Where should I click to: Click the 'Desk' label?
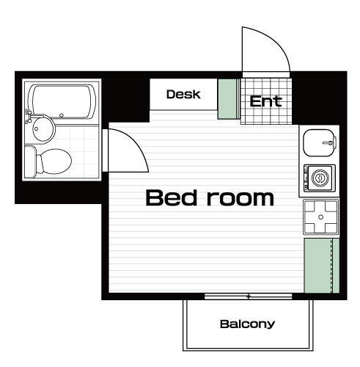[183, 94]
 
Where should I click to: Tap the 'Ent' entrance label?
[265, 101]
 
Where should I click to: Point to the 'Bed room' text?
[210, 197]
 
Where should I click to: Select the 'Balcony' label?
[247, 324]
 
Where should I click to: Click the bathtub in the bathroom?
[62, 101]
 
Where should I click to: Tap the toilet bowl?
[54, 161]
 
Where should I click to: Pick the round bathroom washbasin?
[43, 128]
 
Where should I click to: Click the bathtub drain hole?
[62, 115]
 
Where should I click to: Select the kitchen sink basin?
[319, 142]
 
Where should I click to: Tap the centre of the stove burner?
[321, 217]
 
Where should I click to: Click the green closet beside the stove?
[322, 266]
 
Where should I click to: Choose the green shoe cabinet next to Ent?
[227, 99]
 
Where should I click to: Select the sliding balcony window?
[249, 297]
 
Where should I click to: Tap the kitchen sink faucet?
[330, 142]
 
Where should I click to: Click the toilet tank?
[30, 161]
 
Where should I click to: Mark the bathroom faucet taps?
[29, 116]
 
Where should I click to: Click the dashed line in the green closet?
[332, 266]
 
